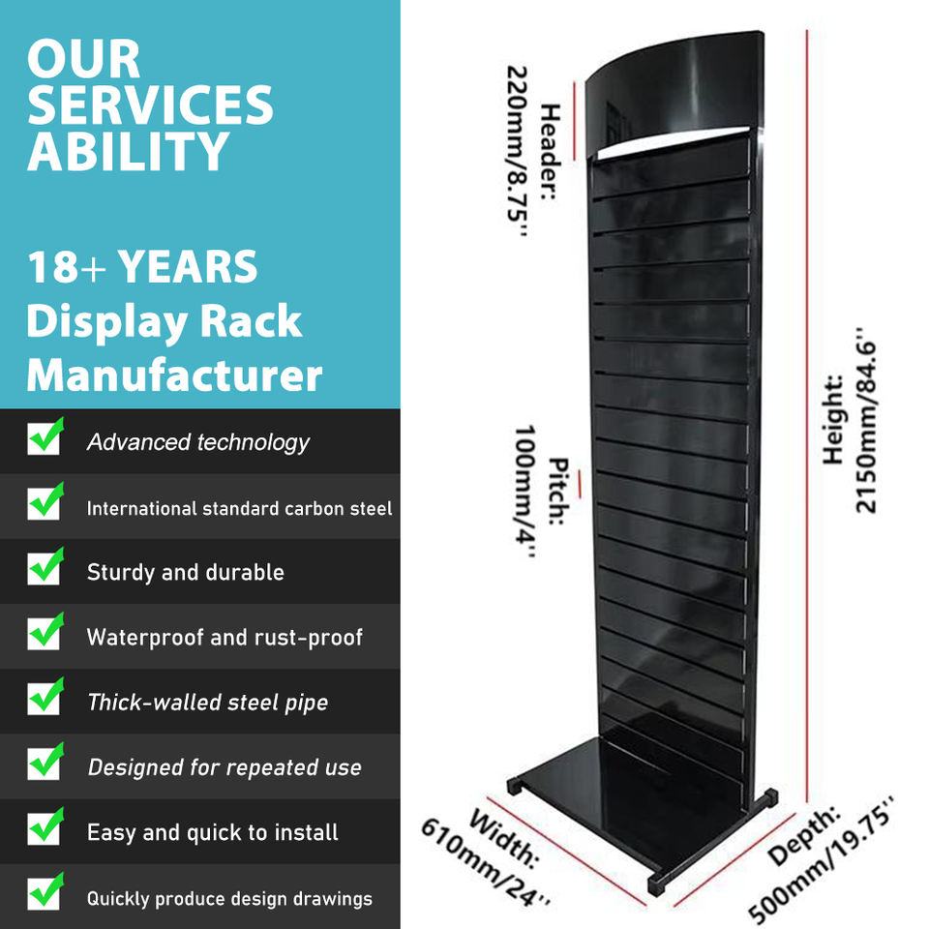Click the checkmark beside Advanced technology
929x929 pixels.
[45, 437]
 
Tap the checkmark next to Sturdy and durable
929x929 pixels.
[45, 567]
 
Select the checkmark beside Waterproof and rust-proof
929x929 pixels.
[45, 632]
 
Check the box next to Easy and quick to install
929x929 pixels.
[45, 827]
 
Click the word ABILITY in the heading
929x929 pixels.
[128, 151]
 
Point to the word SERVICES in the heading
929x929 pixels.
[150, 105]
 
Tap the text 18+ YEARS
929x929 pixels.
[142, 267]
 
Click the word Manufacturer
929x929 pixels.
[174, 375]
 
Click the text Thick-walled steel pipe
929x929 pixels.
[207, 703]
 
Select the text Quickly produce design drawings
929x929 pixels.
[229, 898]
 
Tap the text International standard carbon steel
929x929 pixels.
[239, 508]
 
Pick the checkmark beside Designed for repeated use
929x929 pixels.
[45, 763]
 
